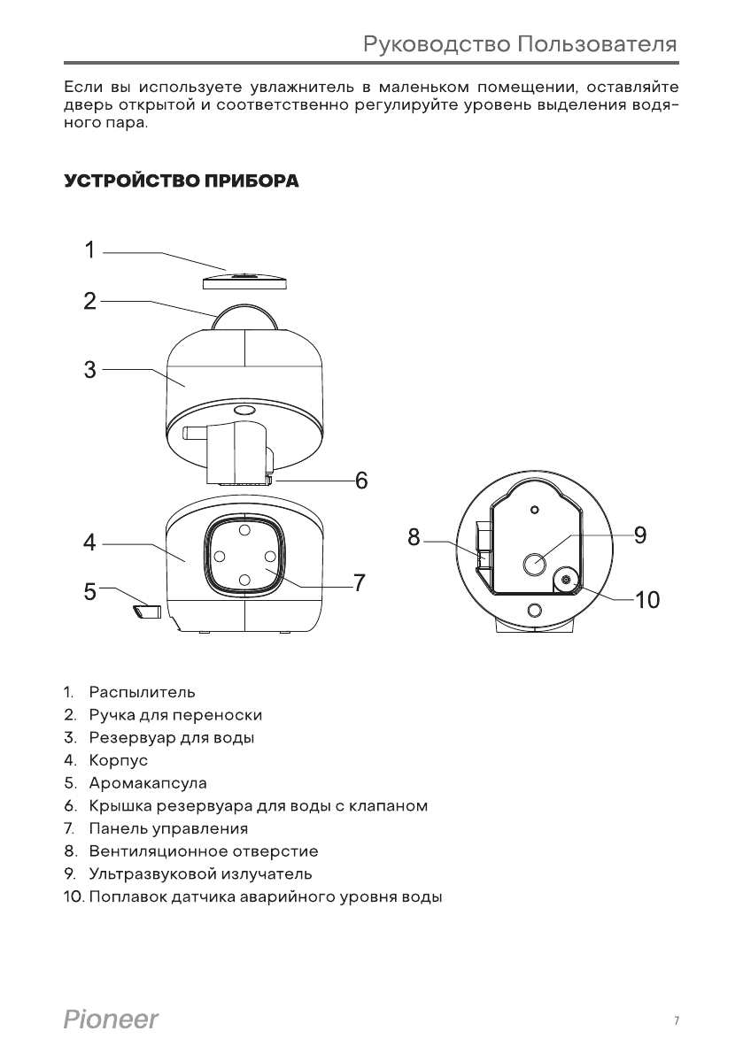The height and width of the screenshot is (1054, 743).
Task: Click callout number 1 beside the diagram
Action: [x=89, y=250]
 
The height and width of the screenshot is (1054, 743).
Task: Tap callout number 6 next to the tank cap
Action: [x=361, y=481]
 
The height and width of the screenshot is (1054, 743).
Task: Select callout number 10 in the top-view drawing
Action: [x=647, y=600]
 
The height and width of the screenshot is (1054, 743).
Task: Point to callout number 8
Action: [x=414, y=536]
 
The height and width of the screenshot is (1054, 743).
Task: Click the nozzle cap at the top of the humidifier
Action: [x=244, y=279]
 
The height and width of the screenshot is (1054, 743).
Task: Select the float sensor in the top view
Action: [x=564, y=581]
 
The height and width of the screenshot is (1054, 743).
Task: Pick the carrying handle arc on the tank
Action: [x=244, y=314]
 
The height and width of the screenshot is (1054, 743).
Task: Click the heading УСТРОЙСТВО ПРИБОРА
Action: [x=181, y=182]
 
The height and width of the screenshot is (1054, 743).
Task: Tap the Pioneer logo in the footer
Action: [x=112, y=1020]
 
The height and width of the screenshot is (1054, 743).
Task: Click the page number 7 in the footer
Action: [x=676, y=1021]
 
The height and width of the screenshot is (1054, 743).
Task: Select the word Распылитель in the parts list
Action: [x=142, y=691]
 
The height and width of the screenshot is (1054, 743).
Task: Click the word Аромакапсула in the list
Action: [x=148, y=783]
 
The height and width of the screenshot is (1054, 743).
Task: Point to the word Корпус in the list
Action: [x=118, y=760]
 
